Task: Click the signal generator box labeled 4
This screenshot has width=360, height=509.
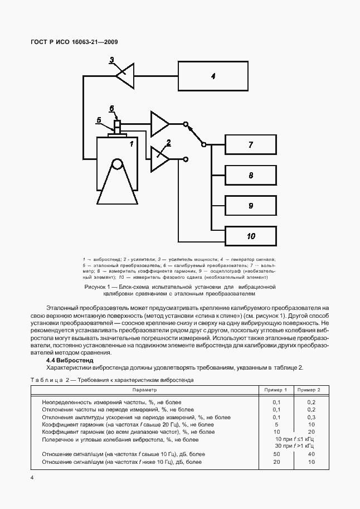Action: pyautogui.click(x=213, y=76)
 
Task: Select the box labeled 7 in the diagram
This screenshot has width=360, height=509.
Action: pyautogui.click(x=251, y=145)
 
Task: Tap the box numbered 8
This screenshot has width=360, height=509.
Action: pyautogui.click(x=251, y=176)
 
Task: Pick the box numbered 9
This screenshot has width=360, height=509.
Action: pyautogui.click(x=251, y=206)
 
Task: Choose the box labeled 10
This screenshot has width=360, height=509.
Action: pyautogui.click(x=251, y=236)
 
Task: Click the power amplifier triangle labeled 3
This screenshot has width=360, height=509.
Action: pyautogui.click(x=125, y=75)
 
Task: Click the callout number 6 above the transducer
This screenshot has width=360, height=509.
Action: pyautogui.click(x=112, y=108)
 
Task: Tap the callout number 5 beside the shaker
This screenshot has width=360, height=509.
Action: pyautogui.click(x=99, y=119)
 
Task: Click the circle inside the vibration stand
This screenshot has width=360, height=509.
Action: pyautogui.click(x=117, y=164)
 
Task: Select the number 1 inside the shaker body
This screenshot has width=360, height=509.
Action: pyautogui.click(x=132, y=144)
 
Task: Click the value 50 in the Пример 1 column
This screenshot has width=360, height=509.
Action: pyautogui.click(x=277, y=455)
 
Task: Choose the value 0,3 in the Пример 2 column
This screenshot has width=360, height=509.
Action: pyautogui.click(x=311, y=417)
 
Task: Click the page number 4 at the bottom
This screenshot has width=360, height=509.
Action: pyautogui.click(x=32, y=477)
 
